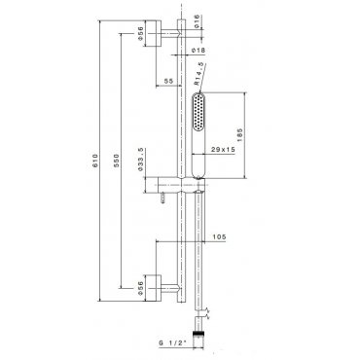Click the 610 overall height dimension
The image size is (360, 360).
[95, 161]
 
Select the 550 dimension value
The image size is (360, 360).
[117, 161]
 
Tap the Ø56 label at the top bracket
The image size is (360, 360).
[140, 33]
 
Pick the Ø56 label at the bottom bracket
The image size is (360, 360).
[140, 288]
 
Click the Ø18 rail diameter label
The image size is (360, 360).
[198, 51]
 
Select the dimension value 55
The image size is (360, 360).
[168, 81]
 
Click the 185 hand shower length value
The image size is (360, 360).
[239, 135]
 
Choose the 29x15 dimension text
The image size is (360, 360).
[223, 150]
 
